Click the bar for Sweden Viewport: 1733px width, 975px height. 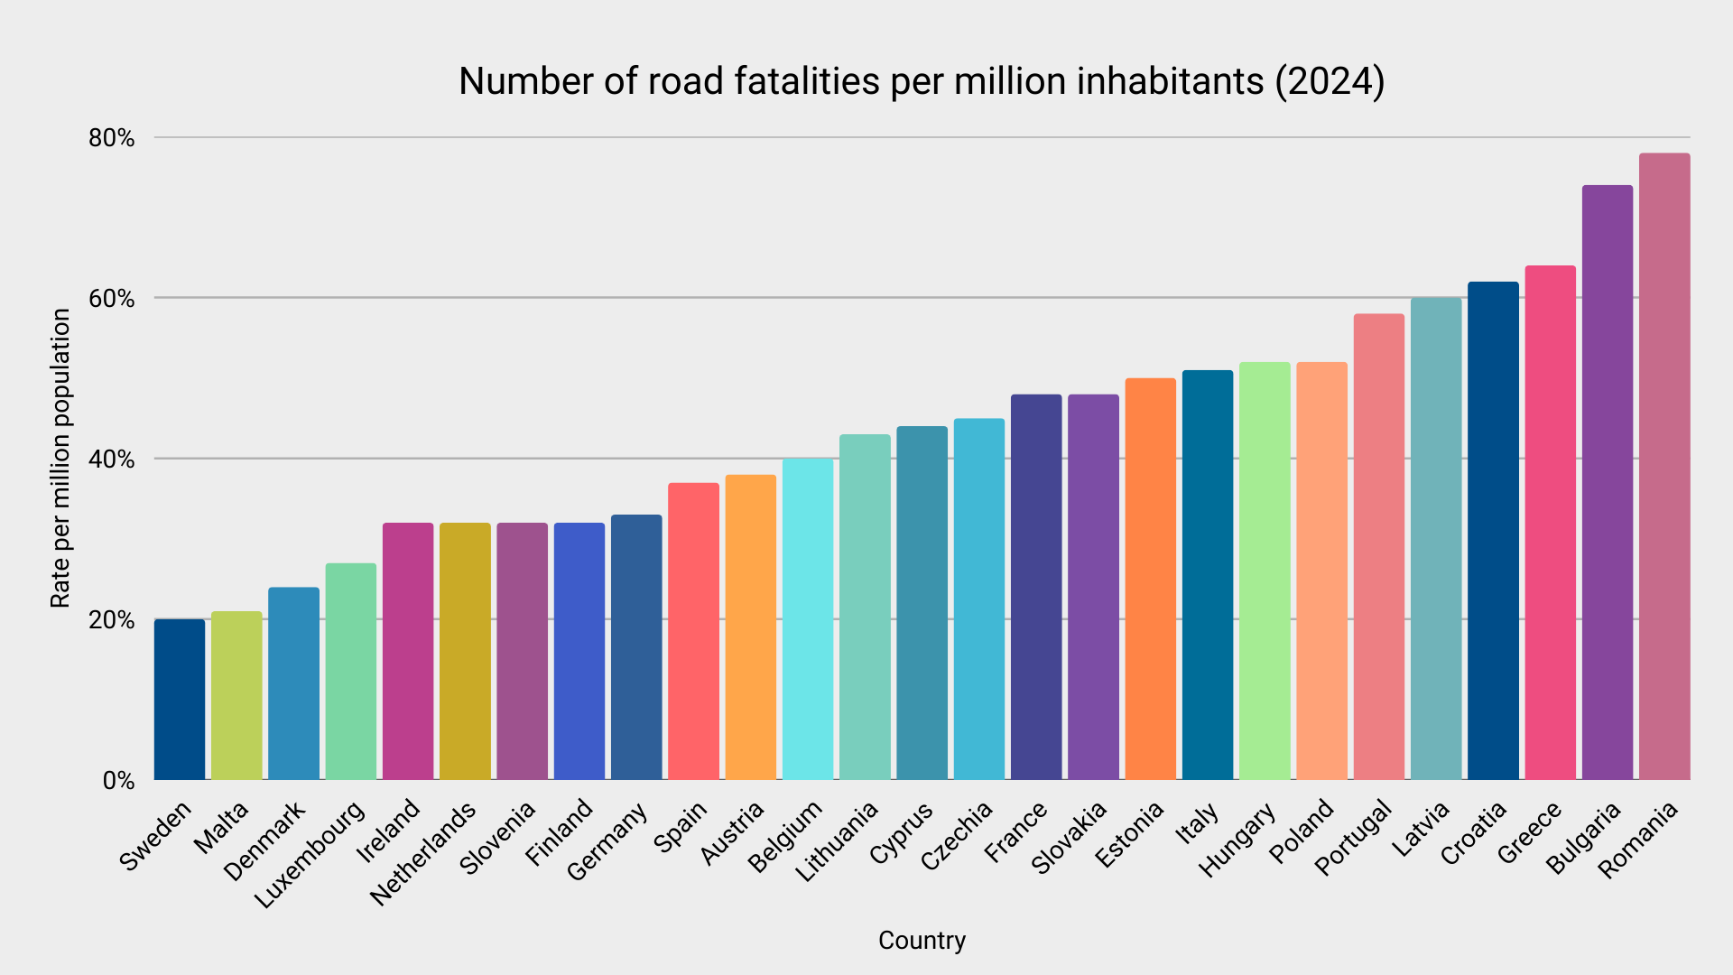tap(180, 700)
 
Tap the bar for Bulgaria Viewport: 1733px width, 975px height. tap(1608, 483)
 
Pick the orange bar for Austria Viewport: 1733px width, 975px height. tap(750, 627)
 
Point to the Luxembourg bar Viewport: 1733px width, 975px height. tap(351, 672)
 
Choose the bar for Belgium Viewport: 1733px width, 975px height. tap(808, 619)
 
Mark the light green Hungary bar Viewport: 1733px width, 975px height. tap(1265, 571)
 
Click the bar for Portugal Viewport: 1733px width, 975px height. tap(1379, 547)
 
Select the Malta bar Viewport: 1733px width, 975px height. tap(236, 695)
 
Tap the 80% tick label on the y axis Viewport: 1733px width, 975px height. tap(111, 138)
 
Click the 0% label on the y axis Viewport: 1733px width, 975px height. tap(118, 781)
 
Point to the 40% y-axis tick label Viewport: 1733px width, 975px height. tap(111, 460)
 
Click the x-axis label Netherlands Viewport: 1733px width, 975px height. tap(422, 854)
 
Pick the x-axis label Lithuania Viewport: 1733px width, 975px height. tap(836, 842)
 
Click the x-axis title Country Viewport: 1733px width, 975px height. tap(922, 941)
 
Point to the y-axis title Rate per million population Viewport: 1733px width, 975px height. tap(60, 459)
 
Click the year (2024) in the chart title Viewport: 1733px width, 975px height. tap(1330, 81)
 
